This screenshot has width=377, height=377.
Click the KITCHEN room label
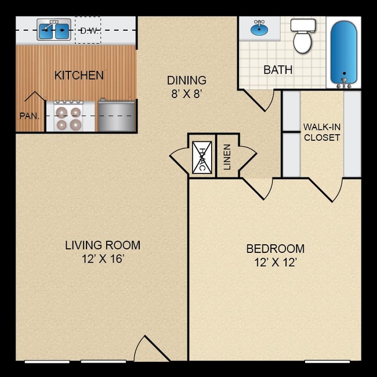tap(79, 75)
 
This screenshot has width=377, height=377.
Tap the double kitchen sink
tap(54, 30)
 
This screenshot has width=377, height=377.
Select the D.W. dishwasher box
tap(88, 30)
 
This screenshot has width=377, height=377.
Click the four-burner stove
tap(68, 116)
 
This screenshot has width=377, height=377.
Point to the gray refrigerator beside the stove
tap(116, 115)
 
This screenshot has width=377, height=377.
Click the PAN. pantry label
tap(30, 115)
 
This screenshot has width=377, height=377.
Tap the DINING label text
tap(186, 81)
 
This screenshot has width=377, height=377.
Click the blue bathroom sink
tap(259, 27)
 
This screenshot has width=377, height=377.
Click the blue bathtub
tap(343, 52)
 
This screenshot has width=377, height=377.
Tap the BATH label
tap(278, 70)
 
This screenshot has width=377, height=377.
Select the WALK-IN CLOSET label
tap(321, 132)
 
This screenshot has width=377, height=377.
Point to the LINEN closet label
tap(227, 157)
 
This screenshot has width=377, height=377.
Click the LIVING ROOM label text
tap(102, 245)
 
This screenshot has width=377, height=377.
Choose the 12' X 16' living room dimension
tap(102, 259)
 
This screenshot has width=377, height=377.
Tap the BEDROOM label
tap(275, 249)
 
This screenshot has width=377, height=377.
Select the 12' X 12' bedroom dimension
tap(275, 263)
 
